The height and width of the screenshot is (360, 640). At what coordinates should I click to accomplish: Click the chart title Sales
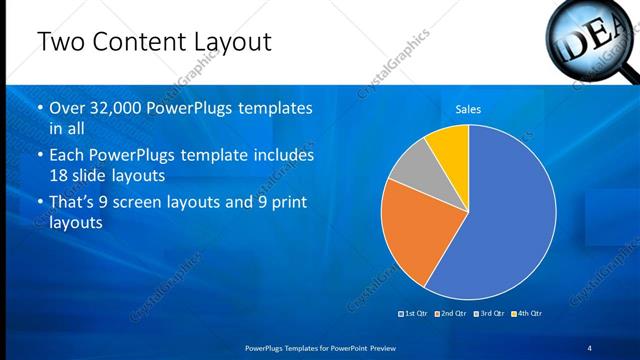pos(468,109)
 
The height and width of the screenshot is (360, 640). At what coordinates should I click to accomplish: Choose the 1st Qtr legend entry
pos(415,314)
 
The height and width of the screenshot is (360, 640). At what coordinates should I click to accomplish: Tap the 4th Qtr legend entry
pos(527,314)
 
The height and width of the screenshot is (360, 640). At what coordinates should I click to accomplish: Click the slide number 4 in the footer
pos(589,347)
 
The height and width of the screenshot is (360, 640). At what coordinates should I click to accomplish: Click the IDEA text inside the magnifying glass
pos(591,37)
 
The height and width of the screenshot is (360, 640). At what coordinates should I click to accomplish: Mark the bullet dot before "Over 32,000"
pos(40,108)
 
